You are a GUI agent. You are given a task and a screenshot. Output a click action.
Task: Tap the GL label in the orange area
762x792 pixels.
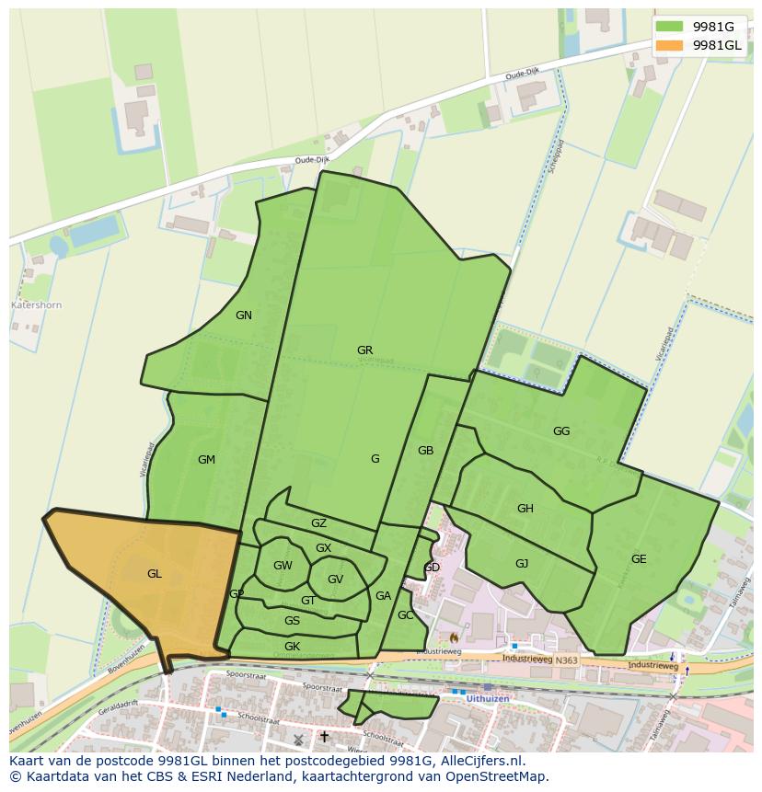pyautogui.click(x=154, y=574)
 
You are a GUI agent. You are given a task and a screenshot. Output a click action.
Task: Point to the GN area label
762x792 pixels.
pyautogui.click(x=243, y=316)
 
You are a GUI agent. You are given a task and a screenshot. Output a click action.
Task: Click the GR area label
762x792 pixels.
pyautogui.click(x=364, y=350)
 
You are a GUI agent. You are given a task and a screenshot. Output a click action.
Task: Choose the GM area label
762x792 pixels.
pyautogui.click(x=206, y=460)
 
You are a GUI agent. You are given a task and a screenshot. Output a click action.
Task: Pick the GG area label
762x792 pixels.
pyautogui.click(x=561, y=431)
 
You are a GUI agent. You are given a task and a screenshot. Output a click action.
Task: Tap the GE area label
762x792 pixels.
pyautogui.click(x=639, y=559)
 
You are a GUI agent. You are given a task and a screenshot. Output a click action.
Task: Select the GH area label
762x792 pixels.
pyautogui.click(x=525, y=509)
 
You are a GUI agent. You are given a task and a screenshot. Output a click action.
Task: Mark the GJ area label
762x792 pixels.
pyautogui.click(x=522, y=564)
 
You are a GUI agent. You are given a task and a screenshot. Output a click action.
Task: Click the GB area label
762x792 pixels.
pyautogui.click(x=425, y=451)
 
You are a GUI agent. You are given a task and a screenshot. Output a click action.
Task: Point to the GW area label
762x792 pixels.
pyautogui.click(x=283, y=566)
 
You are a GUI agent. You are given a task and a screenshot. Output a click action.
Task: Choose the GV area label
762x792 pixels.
pyautogui.click(x=335, y=580)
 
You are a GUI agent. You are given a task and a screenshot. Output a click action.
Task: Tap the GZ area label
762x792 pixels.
pyautogui.click(x=318, y=523)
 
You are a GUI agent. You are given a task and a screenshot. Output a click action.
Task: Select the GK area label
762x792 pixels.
pyautogui.click(x=292, y=647)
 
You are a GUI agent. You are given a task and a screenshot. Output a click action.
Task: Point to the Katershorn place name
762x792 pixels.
pyautogui.click(x=36, y=304)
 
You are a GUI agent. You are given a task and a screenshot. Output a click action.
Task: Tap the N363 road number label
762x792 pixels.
pyautogui.click(x=567, y=660)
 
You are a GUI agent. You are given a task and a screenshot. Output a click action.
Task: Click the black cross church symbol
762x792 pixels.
pyautogui.click(x=324, y=737)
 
